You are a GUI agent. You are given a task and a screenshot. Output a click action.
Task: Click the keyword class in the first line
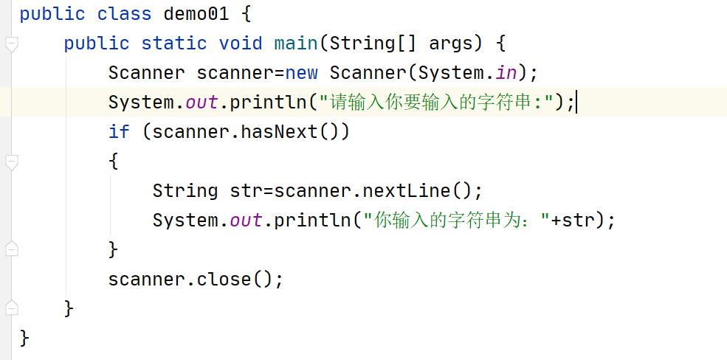pyautogui.click(x=124, y=14)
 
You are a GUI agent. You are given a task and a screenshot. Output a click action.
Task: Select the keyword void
pyautogui.click(x=241, y=44)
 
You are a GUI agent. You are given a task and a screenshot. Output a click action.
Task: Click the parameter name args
pyautogui.click(x=451, y=44)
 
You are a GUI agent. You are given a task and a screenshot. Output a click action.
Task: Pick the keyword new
pyautogui.click(x=301, y=73)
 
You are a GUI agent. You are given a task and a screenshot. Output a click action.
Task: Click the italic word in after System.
pyautogui.click(x=506, y=73)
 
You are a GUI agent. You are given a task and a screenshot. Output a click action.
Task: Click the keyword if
pyautogui.click(x=119, y=132)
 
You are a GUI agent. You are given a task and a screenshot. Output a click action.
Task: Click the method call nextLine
pyautogui.click(x=406, y=191)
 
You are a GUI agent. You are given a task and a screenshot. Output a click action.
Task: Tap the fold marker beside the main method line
pyautogui.click(x=11, y=45)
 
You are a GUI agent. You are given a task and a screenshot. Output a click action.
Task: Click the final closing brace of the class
pyautogui.click(x=24, y=338)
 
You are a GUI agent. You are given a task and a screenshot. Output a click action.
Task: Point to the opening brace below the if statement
pyautogui.click(x=113, y=161)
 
